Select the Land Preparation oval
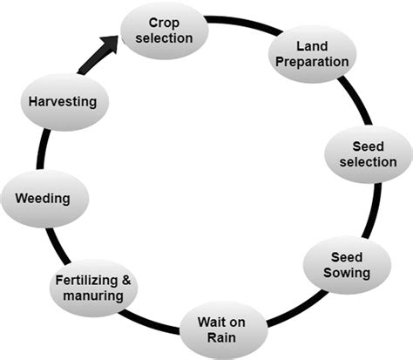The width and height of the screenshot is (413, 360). click(310, 53)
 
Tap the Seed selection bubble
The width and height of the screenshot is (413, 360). click(361, 154)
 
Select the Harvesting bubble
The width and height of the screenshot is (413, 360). click(60, 101)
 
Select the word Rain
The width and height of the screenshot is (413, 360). click(221, 338)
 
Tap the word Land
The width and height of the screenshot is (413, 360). click(310, 45)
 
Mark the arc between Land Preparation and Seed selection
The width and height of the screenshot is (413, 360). click(352, 98)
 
